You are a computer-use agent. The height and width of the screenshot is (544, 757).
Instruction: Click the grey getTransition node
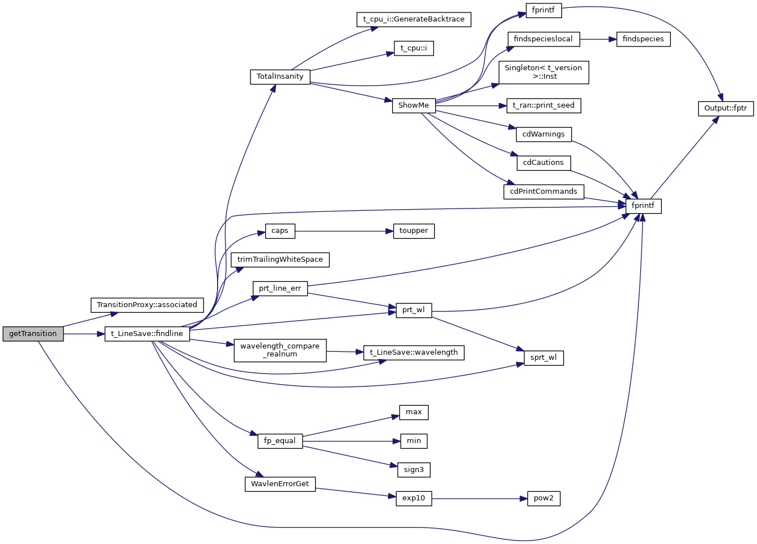[33, 334]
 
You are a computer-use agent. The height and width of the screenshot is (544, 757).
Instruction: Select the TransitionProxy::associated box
[147, 305]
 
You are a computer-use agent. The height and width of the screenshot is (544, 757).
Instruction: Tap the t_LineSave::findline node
[147, 334]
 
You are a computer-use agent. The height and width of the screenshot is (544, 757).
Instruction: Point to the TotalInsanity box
[280, 76]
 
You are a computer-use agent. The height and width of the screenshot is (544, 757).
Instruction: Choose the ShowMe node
[413, 105]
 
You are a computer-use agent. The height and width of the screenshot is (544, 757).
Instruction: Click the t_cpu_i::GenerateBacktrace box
[414, 19]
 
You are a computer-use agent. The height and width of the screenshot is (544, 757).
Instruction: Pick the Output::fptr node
[725, 108]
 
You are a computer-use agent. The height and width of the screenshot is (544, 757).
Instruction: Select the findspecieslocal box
[543, 39]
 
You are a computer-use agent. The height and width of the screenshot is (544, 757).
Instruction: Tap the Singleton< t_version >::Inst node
[543, 72]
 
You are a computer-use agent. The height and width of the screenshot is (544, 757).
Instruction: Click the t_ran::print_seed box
[543, 105]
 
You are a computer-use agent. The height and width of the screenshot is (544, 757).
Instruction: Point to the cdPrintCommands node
[543, 192]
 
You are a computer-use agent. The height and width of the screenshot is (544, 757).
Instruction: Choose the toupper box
[414, 231]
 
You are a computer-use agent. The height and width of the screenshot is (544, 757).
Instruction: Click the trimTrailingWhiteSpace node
[280, 260]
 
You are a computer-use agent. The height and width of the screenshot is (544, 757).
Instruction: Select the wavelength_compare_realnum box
[280, 350]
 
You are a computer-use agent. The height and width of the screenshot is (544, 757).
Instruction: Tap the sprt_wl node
[543, 358]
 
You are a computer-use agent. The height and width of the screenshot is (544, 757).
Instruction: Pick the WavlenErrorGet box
[280, 484]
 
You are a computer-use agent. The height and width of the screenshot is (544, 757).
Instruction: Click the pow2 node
[543, 498]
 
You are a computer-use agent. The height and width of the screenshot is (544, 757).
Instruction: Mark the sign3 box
[414, 470]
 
